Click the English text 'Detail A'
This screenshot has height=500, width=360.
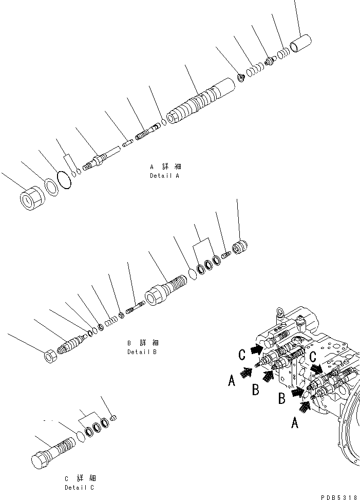click(x=164, y=176)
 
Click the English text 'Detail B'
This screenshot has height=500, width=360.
click(x=142, y=352)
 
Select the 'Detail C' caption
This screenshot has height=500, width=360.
click(x=79, y=487)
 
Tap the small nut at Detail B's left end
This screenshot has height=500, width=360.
click(x=50, y=356)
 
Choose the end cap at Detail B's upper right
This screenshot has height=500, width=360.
click(x=240, y=247)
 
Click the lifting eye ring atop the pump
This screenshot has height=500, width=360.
click(x=281, y=316)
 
